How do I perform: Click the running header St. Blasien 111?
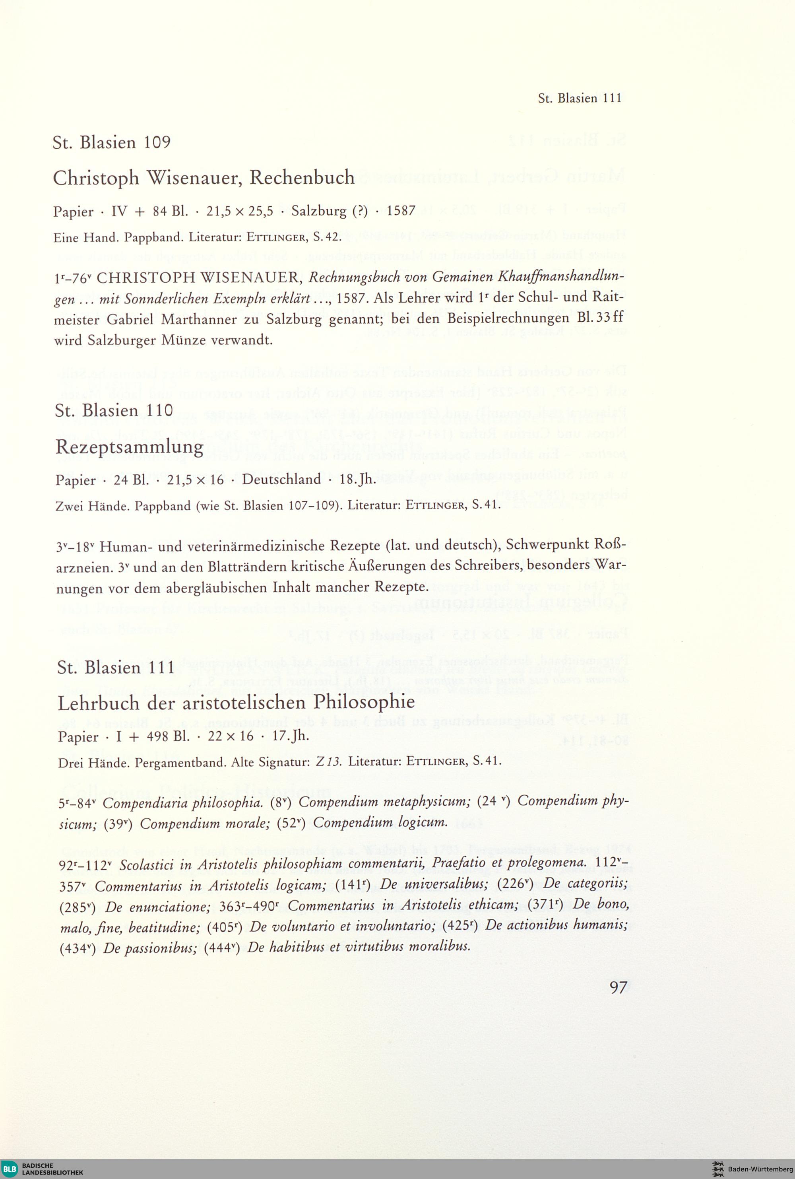(580, 98)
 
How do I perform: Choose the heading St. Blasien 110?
(114, 410)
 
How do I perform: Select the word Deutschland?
(281, 479)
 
